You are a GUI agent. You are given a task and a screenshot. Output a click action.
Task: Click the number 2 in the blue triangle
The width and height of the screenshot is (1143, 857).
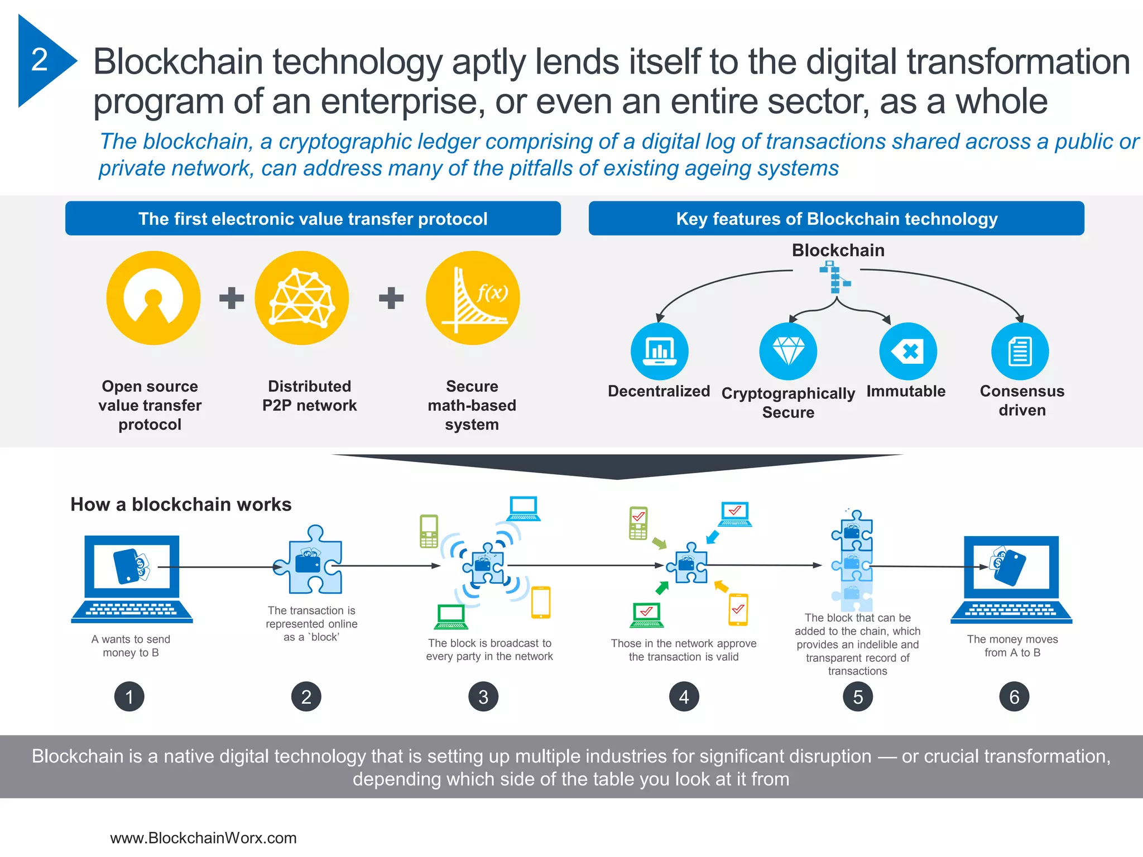pos(40,60)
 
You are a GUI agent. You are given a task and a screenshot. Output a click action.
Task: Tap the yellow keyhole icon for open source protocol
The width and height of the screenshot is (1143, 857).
pos(153,297)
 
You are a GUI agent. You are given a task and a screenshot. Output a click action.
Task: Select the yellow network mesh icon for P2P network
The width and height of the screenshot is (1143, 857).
pos(302,297)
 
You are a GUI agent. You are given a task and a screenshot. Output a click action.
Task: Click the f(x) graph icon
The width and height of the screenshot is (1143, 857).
pos(473,297)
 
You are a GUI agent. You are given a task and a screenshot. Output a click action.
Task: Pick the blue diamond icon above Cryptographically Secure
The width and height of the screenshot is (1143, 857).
pos(788,351)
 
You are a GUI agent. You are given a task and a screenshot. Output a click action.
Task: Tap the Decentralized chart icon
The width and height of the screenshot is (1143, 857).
pos(659,351)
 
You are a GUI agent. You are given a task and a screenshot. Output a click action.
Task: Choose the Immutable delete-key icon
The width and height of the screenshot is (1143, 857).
pos(908,351)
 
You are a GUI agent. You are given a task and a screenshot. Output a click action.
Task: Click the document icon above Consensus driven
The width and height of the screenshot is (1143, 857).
pos(1020,351)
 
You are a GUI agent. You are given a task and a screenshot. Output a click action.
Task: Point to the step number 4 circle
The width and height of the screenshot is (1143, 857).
pos(684,696)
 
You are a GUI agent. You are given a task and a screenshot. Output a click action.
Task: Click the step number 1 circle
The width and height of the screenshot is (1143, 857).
pos(129,696)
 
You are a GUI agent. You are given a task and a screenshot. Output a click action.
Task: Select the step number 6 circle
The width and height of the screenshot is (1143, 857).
pos(1014,696)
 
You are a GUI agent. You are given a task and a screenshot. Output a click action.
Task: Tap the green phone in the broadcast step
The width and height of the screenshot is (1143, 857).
pos(429,531)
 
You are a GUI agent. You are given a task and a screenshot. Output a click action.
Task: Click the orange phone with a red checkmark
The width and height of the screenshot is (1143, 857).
pos(738,609)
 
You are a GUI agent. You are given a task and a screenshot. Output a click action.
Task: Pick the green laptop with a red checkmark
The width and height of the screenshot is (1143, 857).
pos(647,615)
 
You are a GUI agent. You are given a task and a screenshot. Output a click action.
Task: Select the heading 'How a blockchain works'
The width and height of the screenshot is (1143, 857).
pos(181,504)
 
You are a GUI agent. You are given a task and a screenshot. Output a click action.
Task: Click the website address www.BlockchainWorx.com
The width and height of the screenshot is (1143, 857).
pos(203,837)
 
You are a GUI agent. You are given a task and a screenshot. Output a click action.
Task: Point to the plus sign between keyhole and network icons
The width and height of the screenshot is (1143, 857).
pos(231,298)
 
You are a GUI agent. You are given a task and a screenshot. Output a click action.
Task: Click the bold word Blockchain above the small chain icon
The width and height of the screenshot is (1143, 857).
pos(838,250)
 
